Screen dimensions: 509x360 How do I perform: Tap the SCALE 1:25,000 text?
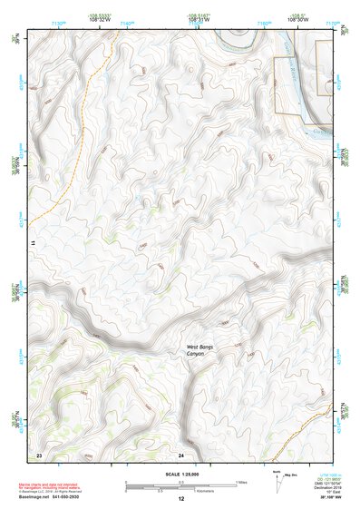point(181,474)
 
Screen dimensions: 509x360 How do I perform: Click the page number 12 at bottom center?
point(181,499)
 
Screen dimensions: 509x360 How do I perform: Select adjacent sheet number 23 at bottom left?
point(39,454)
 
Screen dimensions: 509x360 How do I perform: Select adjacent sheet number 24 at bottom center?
point(181,454)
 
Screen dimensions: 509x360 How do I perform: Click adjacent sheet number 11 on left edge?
point(31,244)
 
